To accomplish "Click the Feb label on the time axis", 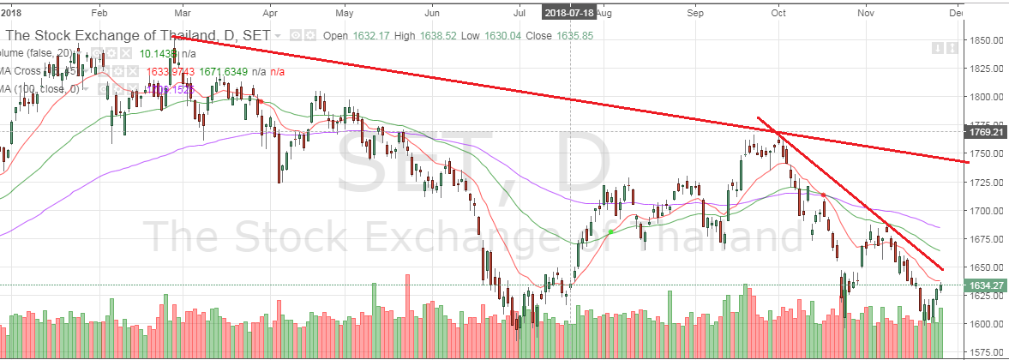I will pos(99,13).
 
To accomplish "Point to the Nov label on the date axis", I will pos(867,13).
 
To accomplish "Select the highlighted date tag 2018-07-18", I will pos(569,12).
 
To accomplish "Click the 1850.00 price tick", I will pos(982,40).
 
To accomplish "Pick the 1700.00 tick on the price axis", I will pos(982,210).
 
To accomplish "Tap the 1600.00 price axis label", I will pos(982,324).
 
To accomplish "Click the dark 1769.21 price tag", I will pos(982,133).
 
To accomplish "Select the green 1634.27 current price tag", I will pos(982,285).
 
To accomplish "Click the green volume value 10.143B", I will pos(159,54).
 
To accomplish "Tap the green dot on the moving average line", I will pos(610,232).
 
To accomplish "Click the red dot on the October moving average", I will pos(824,195).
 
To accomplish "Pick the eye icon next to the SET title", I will pos(296,35).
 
